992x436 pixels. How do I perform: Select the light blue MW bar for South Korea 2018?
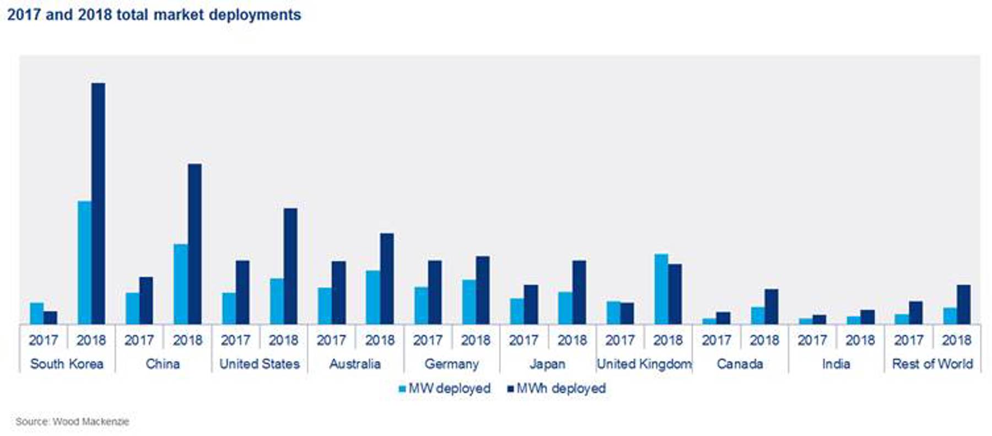point(84,262)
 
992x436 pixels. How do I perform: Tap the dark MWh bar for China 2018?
point(195,244)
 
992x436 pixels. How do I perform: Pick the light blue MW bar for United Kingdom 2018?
point(661,289)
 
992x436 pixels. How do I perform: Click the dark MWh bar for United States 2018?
point(290,266)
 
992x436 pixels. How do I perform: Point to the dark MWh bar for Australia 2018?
point(387,278)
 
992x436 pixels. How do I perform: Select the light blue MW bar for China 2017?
point(132,308)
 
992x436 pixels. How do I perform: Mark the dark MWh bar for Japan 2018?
point(579,292)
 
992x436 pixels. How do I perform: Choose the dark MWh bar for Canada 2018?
point(772,306)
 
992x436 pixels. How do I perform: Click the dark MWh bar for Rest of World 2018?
point(964,304)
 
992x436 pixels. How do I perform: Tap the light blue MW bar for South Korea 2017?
point(36,313)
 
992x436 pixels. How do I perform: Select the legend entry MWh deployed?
point(556,389)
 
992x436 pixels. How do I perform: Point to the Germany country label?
point(451,364)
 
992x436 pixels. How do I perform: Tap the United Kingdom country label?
point(644,364)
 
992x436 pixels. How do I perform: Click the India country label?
point(835,364)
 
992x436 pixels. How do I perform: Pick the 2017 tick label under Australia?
point(331,340)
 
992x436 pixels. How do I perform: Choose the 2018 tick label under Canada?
point(764,340)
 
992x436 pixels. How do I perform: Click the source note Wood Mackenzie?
point(72,422)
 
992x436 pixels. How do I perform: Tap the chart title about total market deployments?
point(154,15)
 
